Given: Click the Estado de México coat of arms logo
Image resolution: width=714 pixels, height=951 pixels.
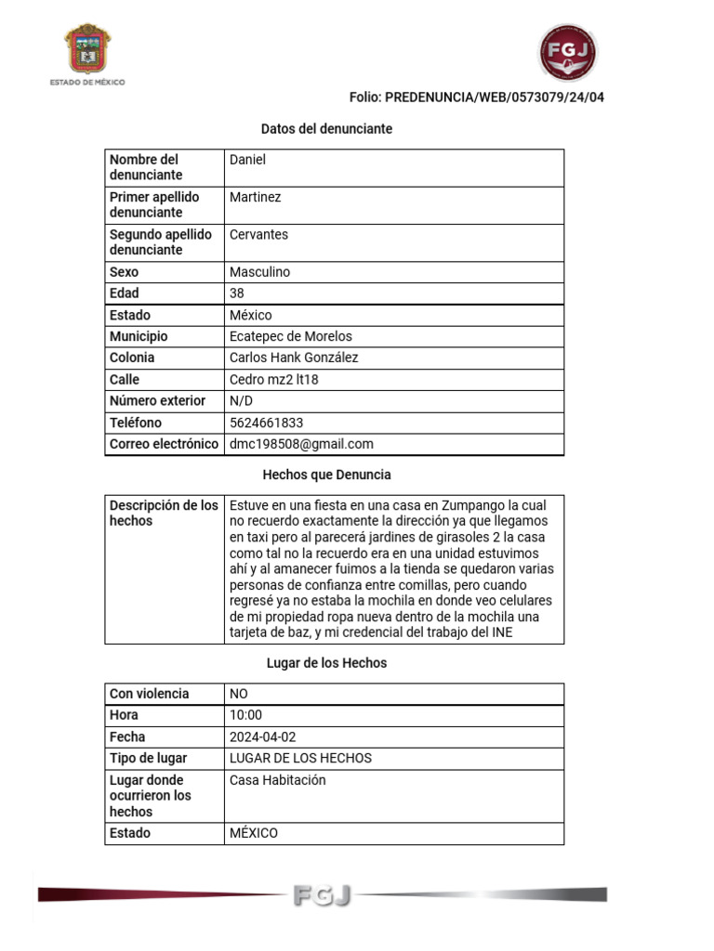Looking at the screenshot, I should [x=87, y=50].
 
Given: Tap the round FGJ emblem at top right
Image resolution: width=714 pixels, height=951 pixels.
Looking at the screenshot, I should [x=568, y=53].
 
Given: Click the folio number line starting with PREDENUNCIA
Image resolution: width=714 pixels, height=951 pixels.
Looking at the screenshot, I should [x=476, y=97].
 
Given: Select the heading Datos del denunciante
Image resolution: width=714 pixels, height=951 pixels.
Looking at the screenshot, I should [x=326, y=128].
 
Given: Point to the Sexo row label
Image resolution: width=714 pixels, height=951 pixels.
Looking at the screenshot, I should [x=124, y=272].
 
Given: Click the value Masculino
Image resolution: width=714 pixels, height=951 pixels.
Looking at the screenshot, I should [x=259, y=272].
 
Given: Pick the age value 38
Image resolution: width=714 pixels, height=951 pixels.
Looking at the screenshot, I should [x=237, y=293].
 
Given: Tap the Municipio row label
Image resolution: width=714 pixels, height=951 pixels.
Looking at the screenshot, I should [x=139, y=336].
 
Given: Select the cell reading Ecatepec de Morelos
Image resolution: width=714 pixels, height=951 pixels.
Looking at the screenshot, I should [x=290, y=336].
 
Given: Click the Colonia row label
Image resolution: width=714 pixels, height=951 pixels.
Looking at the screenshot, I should [x=132, y=358].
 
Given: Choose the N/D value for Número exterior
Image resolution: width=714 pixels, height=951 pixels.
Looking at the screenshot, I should [x=241, y=401].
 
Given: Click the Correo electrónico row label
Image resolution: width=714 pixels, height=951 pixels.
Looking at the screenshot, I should [x=164, y=444].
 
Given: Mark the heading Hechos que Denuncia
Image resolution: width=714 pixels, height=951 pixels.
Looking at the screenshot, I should [x=326, y=475].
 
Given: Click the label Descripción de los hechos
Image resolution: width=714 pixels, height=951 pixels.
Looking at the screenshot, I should [x=164, y=513].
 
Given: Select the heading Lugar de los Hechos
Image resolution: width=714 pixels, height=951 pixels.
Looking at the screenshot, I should [x=325, y=663].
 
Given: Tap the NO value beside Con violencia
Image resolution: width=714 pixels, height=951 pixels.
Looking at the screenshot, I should [x=239, y=694].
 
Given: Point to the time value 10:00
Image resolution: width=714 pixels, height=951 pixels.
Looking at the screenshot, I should [x=245, y=715].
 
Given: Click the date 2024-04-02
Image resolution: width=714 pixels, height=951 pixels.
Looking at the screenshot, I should [x=262, y=736].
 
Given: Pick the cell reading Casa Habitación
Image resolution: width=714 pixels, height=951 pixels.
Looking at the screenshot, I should [x=277, y=780].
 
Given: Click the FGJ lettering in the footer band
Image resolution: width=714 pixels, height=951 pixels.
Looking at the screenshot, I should [x=322, y=895].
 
